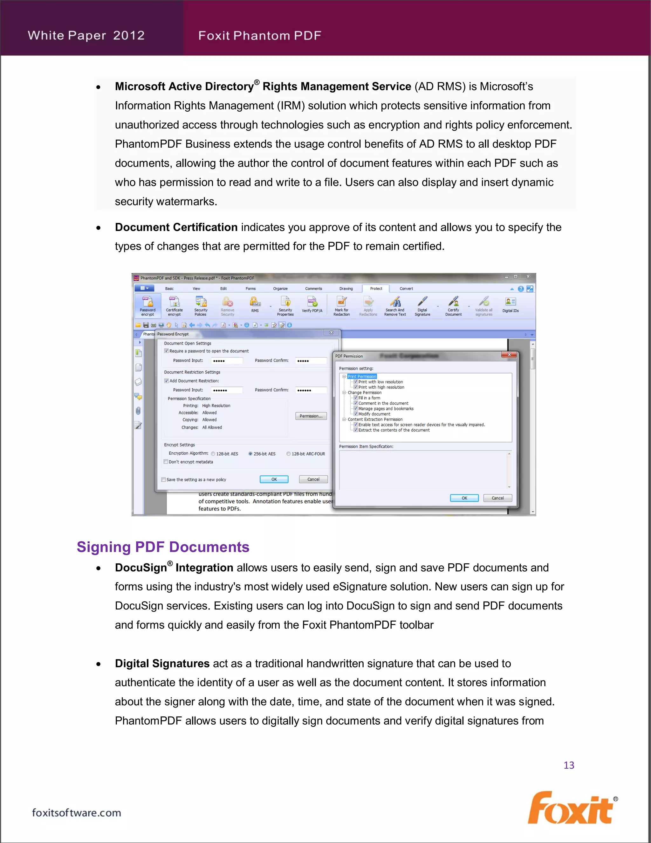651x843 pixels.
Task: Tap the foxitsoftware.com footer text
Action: pyautogui.click(x=76, y=812)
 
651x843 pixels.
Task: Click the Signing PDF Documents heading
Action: pyautogui.click(x=163, y=547)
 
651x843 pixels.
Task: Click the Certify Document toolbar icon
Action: pyautogui.click(x=453, y=306)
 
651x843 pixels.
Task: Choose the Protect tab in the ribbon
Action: pyautogui.click(x=376, y=288)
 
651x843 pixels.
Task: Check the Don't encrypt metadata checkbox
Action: pyautogui.click(x=166, y=462)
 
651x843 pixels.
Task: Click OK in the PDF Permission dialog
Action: pyautogui.click(x=464, y=498)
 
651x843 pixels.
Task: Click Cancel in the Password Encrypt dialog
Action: pyautogui.click(x=313, y=479)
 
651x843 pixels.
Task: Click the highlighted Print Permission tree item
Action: pyautogui.click(x=362, y=376)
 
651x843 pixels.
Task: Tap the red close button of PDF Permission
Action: pyautogui.click(x=509, y=355)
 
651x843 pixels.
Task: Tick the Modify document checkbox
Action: pyautogui.click(x=356, y=414)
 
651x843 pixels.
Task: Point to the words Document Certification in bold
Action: pyautogui.click(x=176, y=227)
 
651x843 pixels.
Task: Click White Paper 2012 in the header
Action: pyautogui.click(x=86, y=36)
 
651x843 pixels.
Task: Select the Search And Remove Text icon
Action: pyautogui.click(x=395, y=306)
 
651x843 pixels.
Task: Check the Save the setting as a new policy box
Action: pyautogui.click(x=163, y=480)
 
